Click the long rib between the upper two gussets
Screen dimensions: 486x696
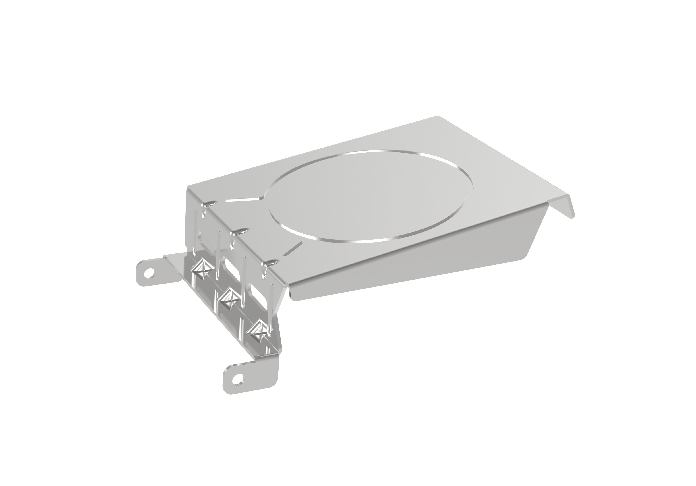tap(218, 255)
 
